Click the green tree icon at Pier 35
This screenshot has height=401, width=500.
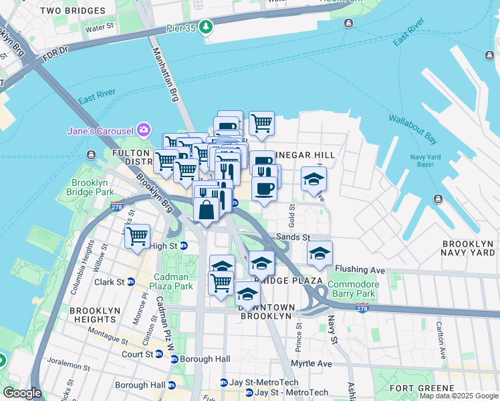click(208, 27)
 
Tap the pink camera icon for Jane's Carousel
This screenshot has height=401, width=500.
click(142, 129)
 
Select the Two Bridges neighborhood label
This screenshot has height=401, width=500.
click(73, 11)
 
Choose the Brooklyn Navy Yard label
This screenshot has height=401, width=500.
click(467, 248)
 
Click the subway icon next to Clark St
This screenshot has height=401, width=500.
click(131, 282)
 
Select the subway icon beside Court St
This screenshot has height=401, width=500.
click(159, 354)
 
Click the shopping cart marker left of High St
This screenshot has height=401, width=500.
click(137, 236)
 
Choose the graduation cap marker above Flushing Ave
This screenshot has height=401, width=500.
click(320, 253)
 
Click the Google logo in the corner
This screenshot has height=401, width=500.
click(22, 393)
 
